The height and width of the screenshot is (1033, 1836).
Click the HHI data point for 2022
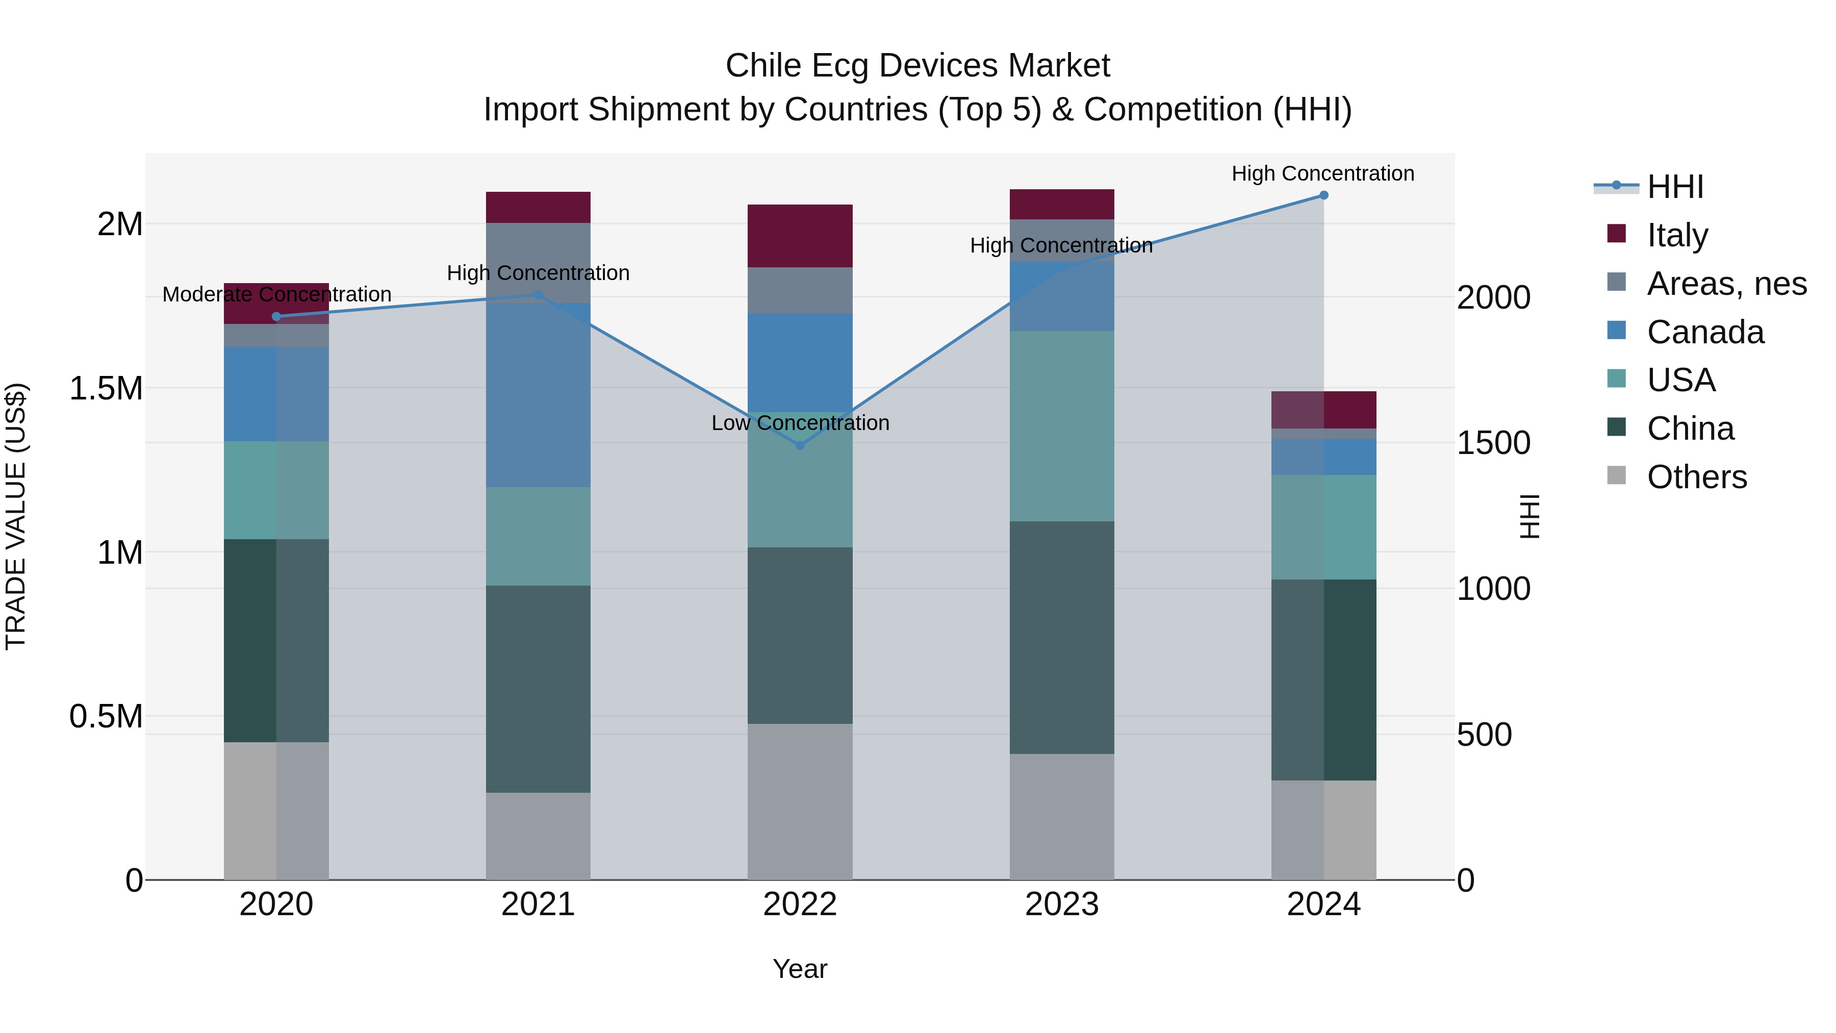point(800,445)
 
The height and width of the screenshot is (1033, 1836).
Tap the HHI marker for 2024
point(1323,195)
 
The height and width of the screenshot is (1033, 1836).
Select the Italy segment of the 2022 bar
point(800,236)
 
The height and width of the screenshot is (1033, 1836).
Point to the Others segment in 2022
point(800,801)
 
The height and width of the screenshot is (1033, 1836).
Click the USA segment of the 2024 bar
point(1323,527)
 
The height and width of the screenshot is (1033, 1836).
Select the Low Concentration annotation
point(800,423)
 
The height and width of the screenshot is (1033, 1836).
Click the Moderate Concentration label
point(276,294)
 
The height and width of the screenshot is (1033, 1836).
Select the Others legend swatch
point(1617,475)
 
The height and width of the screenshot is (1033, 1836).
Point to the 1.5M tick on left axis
point(106,389)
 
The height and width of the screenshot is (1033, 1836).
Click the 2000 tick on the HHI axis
point(1493,297)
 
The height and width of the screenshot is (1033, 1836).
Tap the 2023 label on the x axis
point(1062,904)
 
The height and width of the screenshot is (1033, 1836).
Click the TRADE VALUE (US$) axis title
point(16,516)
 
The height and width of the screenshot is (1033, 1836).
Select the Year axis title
point(800,969)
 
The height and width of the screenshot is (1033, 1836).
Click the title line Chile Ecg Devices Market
point(917,66)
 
